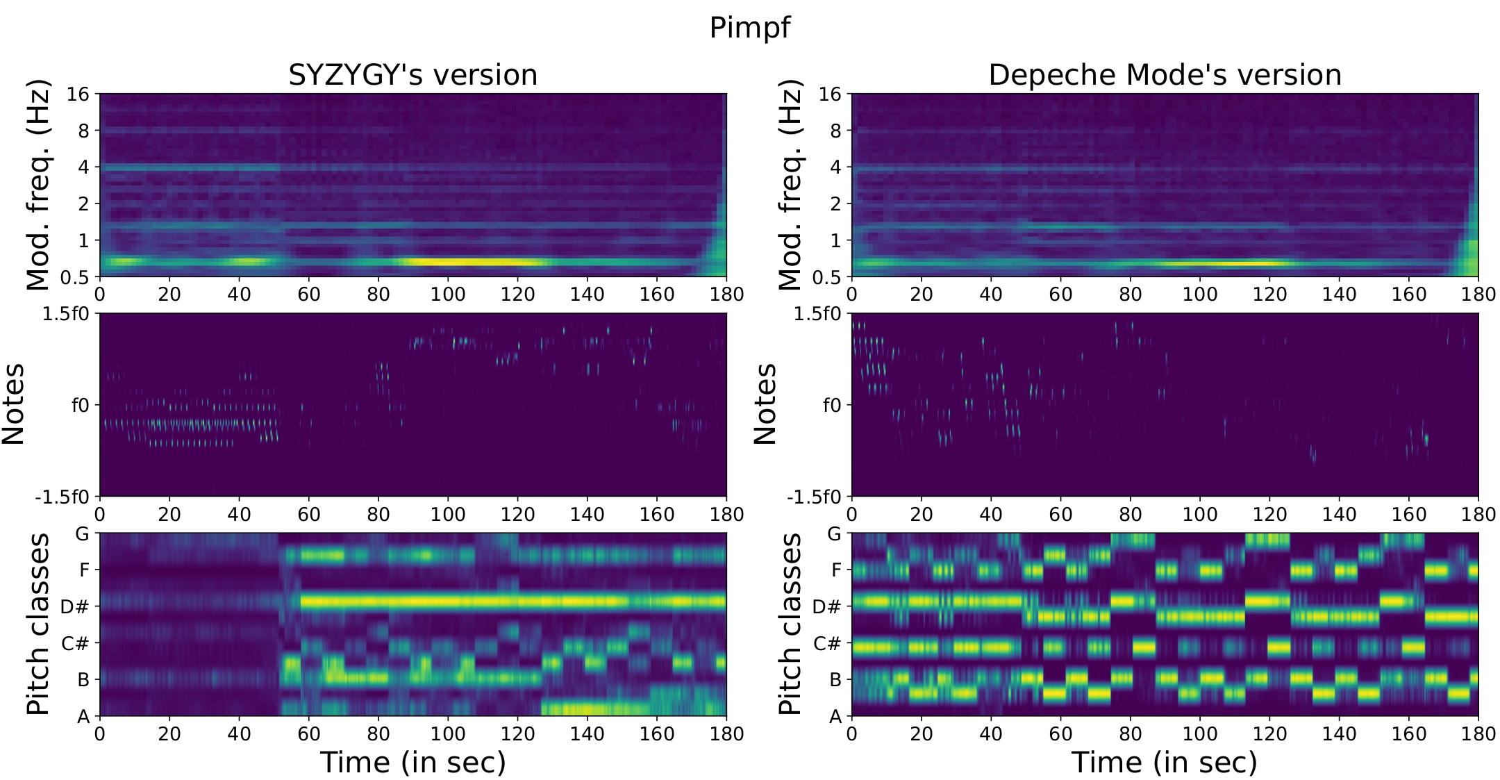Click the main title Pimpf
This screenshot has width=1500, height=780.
pos(749,28)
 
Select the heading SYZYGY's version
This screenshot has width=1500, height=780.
pos(412,75)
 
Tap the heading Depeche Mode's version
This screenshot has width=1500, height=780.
pos(1165,75)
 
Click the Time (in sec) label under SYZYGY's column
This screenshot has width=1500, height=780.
pos(412,763)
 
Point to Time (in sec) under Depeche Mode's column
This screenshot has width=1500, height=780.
pos(1165,763)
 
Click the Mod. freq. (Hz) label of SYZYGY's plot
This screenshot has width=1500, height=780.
pos(39,185)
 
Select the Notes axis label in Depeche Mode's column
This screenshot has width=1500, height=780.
pos(765,404)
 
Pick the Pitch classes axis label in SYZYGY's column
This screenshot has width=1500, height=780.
pos(39,624)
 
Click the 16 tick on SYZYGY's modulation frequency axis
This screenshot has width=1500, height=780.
pos(78,94)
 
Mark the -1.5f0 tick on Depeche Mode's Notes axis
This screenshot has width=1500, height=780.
pos(814,497)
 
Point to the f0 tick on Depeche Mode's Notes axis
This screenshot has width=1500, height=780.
pos(831,405)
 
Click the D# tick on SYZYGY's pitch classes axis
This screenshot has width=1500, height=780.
pos(74,607)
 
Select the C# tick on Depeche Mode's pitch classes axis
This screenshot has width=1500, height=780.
pos(826,644)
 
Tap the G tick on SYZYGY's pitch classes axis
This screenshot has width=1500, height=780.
pos(82,534)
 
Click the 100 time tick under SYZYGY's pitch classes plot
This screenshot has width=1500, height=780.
pos(447,734)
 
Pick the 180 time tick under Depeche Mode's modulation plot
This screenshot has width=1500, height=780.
pos(1478,294)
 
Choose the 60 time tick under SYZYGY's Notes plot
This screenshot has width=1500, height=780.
pos(308,515)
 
